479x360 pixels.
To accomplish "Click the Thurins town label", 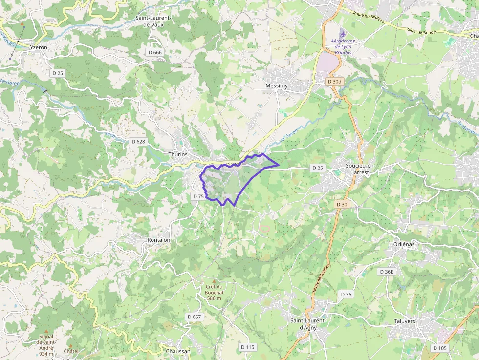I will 178,154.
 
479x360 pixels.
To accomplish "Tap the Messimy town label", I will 276,85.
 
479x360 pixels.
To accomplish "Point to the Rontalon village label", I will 159,240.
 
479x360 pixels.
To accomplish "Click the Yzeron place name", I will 39,48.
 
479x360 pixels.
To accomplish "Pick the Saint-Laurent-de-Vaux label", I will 154,21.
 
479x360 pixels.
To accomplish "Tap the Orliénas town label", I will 403,244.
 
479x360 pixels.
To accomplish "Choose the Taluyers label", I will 405,321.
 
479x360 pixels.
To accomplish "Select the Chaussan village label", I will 178,351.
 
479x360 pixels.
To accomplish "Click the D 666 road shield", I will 154,52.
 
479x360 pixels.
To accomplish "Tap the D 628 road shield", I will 138,141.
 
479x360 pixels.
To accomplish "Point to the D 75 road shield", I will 198,196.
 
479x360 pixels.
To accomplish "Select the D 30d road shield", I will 335,81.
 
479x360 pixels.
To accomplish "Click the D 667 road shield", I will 194,317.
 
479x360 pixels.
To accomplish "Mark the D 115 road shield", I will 248,347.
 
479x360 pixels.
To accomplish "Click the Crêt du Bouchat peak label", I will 214,292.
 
